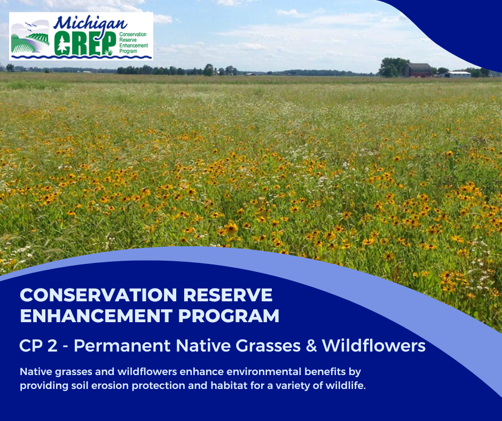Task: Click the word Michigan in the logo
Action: [x=91, y=24]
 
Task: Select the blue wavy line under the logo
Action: [x=80, y=56]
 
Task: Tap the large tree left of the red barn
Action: [x=393, y=67]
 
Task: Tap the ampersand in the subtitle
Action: [x=310, y=346]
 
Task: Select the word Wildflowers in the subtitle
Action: [x=373, y=346]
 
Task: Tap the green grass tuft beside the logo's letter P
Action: [x=109, y=52]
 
